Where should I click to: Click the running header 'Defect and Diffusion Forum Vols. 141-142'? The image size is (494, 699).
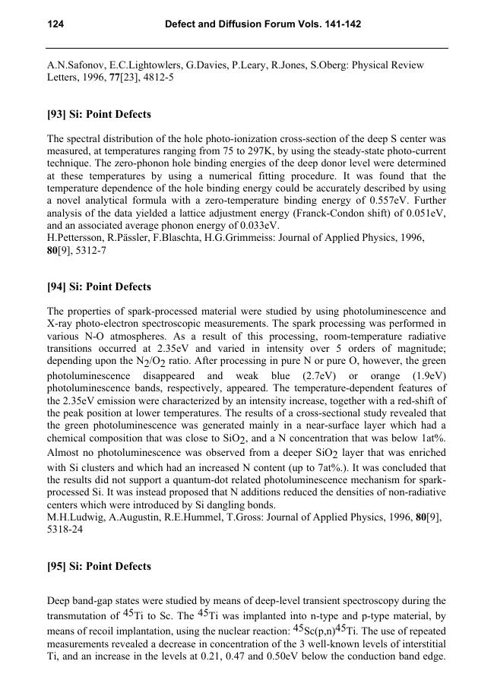(262, 25)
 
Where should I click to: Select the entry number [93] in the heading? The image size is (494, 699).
(58, 114)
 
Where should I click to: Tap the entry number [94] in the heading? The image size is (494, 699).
(58, 286)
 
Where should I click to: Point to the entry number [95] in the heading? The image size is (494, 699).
(58, 566)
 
